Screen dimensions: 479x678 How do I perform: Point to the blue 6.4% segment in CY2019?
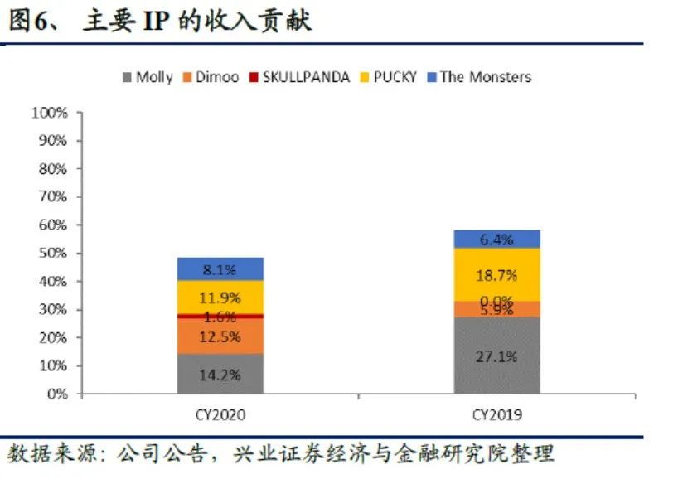496,239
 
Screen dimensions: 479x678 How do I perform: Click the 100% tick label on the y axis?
49,113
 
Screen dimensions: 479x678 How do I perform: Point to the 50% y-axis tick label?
52,254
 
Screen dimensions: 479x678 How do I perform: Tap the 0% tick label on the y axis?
56,394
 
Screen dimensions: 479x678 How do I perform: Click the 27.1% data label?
496,357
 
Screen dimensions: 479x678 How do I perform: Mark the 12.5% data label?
220,336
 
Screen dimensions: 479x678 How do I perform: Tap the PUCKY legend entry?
395,77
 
